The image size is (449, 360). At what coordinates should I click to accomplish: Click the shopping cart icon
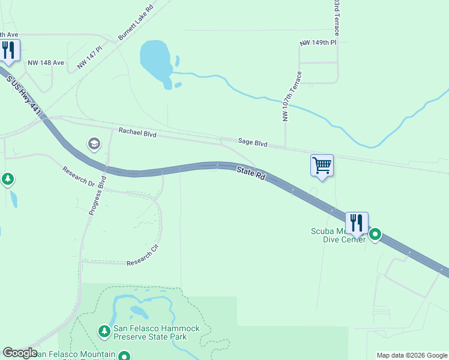[322, 165]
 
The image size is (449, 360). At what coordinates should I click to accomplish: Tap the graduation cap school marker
[94, 143]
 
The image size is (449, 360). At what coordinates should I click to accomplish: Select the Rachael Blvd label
[137, 133]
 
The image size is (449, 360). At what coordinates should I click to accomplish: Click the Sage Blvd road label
[252, 142]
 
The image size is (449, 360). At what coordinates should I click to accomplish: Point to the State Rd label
[251, 174]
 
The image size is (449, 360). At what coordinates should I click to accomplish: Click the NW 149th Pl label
[319, 43]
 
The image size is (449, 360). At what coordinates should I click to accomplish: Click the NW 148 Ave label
[46, 62]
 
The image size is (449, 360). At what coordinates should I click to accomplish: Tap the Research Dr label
[79, 176]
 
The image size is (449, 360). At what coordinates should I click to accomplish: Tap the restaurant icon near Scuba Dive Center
[357, 223]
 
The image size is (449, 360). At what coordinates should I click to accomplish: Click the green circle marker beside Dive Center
[375, 234]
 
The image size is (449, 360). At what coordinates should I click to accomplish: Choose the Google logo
[20, 353]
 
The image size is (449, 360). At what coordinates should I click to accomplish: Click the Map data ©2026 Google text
[412, 355]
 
